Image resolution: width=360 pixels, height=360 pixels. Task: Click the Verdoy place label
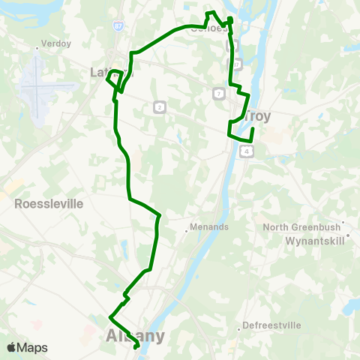coord(56,43)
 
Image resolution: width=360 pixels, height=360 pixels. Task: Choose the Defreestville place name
coord(270,326)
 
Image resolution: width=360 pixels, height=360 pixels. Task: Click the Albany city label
coord(135,335)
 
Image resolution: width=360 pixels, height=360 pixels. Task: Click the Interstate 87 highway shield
coord(119,25)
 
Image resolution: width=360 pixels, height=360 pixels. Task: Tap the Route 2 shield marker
coord(159,107)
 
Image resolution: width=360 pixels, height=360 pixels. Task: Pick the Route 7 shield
coord(217,93)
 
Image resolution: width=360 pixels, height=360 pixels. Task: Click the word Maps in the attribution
coord(32,347)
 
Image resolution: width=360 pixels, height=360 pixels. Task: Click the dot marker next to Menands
coord(186,230)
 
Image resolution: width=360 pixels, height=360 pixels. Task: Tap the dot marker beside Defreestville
coord(239,328)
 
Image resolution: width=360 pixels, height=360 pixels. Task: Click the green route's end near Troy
coord(253,130)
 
